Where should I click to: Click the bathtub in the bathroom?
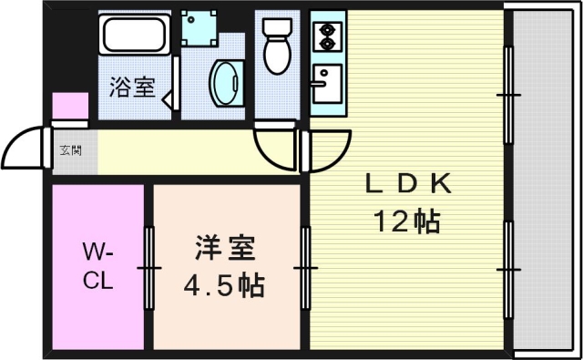(135, 36)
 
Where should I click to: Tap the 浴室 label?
(131, 88)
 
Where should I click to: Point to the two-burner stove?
(327, 36)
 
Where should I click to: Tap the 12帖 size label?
(407, 221)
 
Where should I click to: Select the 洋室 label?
(224, 248)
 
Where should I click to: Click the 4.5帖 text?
(224, 285)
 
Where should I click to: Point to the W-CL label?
(98, 265)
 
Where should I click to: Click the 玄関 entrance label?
(69, 149)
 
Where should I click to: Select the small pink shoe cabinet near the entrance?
(68, 108)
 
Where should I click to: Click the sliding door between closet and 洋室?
(148, 267)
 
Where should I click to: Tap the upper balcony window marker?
(508, 94)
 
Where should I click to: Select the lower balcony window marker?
(508, 270)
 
